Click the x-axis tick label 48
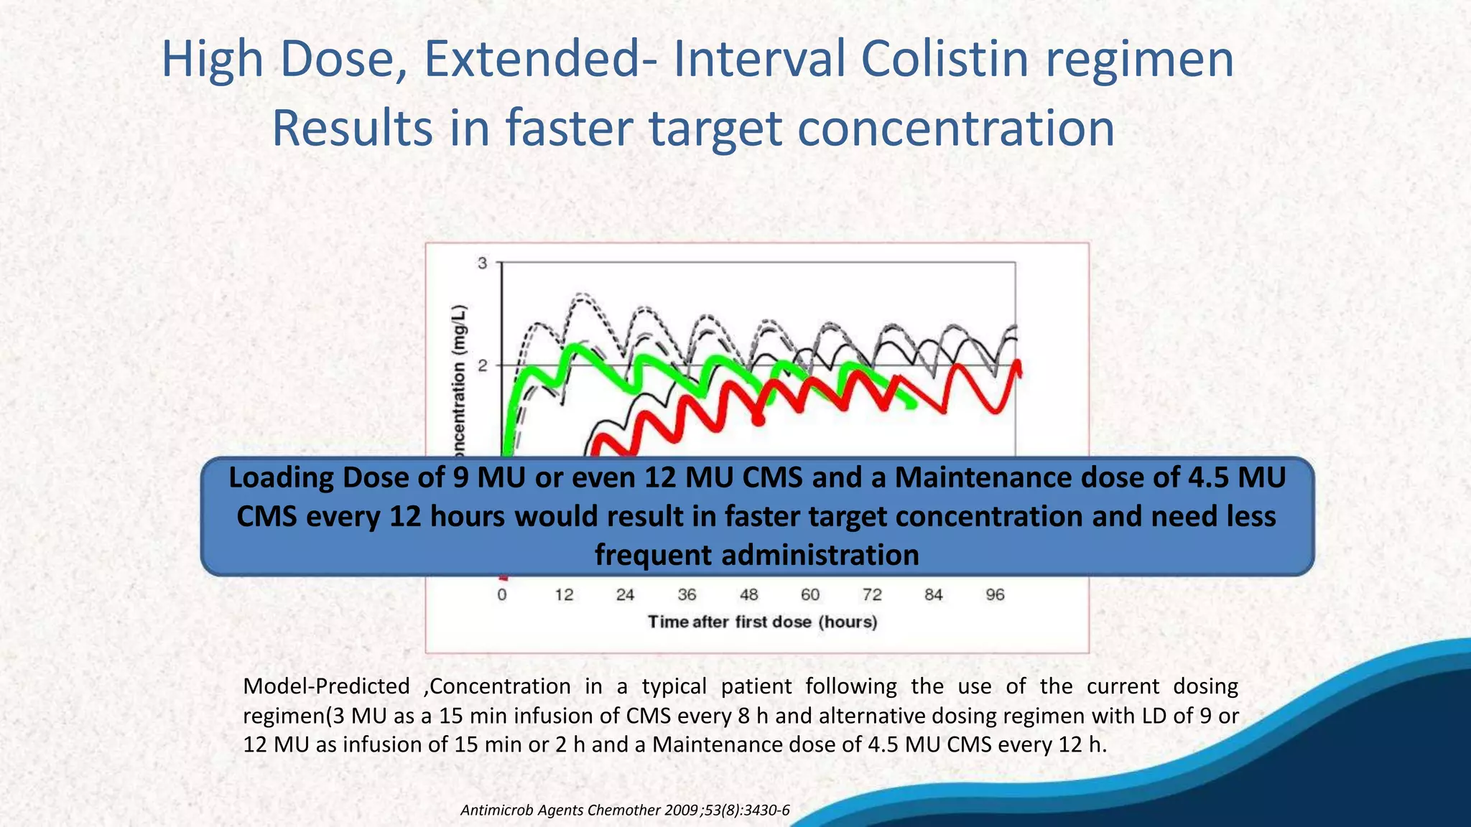(x=748, y=595)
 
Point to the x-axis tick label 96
(x=995, y=595)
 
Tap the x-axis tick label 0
(x=502, y=595)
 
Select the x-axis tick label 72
(x=872, y=595)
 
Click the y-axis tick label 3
(x=483, y=263)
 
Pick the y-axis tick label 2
(x=483, y=366)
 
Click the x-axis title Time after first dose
(x=763, y=622)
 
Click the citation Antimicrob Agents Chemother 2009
(x=624, y=810)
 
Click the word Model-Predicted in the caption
(x=326, y=686)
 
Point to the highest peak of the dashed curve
(x=583, y=294)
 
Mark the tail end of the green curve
(x=912, y=406)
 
